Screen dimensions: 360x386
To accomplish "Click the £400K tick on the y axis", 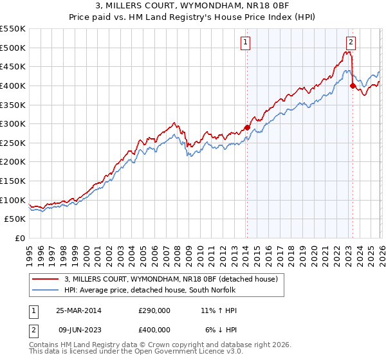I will [13, 85].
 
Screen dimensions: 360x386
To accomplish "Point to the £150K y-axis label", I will [13, 181].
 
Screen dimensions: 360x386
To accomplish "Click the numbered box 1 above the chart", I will [246, 43].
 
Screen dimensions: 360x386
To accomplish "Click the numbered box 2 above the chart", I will [351, 43].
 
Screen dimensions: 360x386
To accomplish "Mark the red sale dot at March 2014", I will [247, 127].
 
